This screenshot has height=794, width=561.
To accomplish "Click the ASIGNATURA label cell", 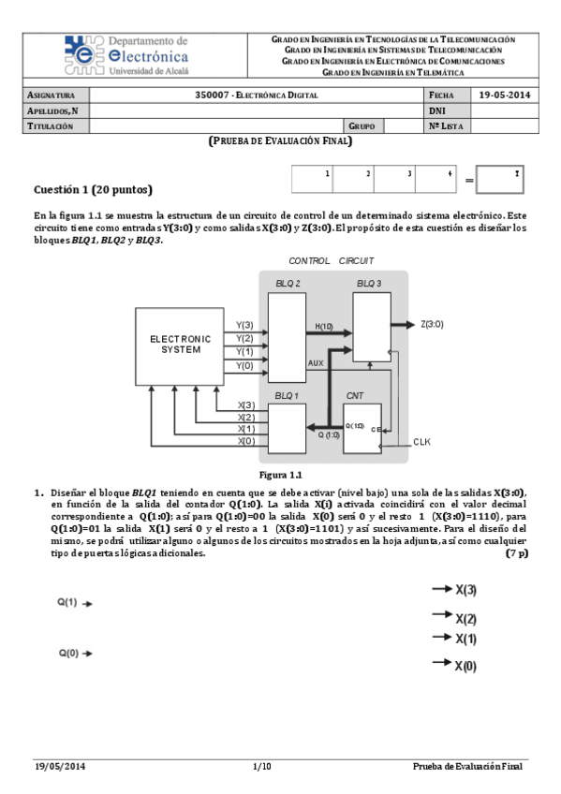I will click(54, 96).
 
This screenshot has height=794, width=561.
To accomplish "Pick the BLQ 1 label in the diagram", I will click(288, 396).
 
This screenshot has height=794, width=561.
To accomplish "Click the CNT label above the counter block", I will click(355, 396).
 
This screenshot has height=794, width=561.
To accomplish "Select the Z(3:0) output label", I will click(433, 324).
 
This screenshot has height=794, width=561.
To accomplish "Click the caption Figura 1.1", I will click(280, 475).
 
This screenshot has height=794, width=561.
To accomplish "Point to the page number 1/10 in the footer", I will click(261, 768).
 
